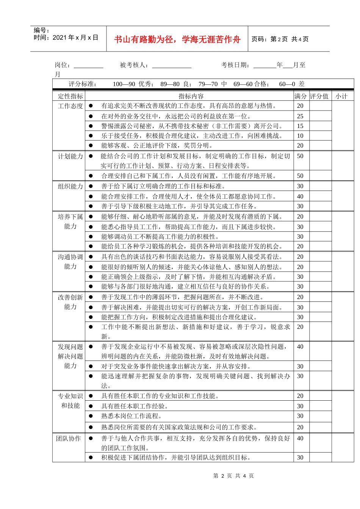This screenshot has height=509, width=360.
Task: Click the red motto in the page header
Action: click(x=177, y=39)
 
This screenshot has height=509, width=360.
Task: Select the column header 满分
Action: click(x=300, y=96)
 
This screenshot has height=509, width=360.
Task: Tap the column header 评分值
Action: click(x=319, y=96)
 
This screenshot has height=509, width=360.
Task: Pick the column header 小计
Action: click(x=341, y=96)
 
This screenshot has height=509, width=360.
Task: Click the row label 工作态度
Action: click(x=70, y=106)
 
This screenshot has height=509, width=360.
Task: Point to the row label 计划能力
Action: click(x=70, y=156)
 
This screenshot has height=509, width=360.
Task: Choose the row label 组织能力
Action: click(x=70, y=186)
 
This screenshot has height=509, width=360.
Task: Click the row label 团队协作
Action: click(x=69, y=439)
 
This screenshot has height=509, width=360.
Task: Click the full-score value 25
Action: click(x=300, y=116)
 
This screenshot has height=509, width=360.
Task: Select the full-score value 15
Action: click(x=300, y=126)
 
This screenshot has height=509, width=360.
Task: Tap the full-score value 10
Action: click(x=300, y=136)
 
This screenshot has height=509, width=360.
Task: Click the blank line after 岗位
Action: click(x=88, y=66)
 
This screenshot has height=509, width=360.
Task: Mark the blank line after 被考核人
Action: click(x=172, y=66)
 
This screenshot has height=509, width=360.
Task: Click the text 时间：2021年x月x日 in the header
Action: click(x=66, y=37)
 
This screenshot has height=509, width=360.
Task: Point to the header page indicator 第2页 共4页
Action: click(x=280, y=39)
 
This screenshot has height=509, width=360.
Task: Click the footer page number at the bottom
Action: click(x=233, y=476)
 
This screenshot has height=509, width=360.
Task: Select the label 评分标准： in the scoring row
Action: click(x=83, y=84)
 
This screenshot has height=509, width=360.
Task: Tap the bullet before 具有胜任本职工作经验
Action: click(x=91, y=406)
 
